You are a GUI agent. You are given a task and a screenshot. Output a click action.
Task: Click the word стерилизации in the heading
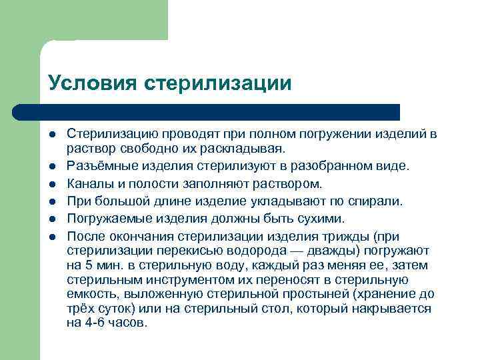[218, 83]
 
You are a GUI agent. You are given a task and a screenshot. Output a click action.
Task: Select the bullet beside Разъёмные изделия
[52, 165]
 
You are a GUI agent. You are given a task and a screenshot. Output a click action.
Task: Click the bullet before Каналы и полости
[52, 183]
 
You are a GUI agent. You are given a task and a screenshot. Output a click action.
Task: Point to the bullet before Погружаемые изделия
[52, 219]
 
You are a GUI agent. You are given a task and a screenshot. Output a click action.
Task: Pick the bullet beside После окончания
[52, 236]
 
